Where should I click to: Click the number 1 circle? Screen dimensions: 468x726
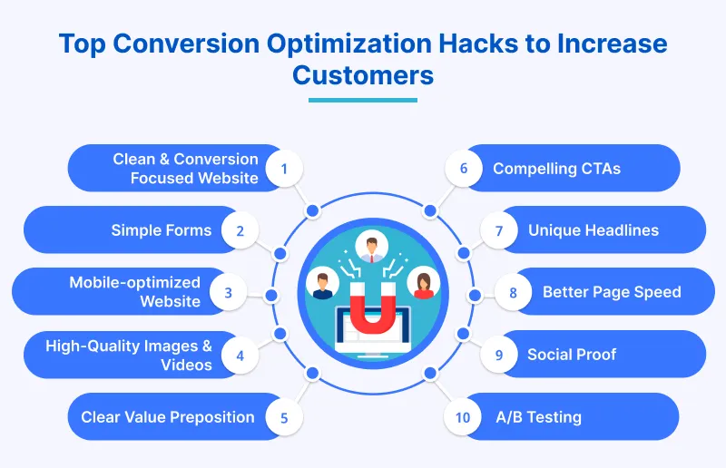284,169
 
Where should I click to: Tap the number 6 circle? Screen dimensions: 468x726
464,169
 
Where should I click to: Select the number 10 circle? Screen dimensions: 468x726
463,417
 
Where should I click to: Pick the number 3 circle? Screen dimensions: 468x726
229,292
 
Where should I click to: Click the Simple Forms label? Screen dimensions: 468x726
161,230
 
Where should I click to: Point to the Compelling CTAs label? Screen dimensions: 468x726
556,169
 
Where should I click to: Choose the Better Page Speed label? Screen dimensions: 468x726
611,292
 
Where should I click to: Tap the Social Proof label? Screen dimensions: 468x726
571,355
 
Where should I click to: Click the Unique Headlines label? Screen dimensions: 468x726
593,230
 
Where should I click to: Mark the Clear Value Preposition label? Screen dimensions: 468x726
168,417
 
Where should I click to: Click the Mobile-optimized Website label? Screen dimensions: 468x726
135,292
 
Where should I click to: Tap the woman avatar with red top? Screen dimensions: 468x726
423,283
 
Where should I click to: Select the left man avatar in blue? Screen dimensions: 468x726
322,283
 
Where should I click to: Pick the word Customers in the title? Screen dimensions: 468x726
363,74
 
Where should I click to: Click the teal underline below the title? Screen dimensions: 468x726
363,100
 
